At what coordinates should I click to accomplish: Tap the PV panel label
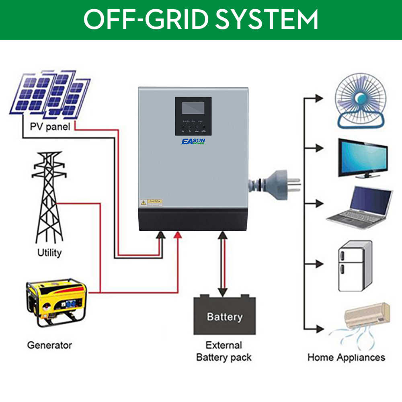pos(50,127)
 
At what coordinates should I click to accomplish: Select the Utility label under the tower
pos(49,253)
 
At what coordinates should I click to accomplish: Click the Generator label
pos(49,345)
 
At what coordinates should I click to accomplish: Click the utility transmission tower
pos(49,197)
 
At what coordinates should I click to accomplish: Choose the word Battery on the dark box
pos(225,316)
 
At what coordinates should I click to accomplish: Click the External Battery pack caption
pos(224,351)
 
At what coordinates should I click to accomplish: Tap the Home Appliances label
pos(346,357)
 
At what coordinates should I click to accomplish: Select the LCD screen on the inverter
pos(193,108)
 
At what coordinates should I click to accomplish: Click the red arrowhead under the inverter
pos(178,235)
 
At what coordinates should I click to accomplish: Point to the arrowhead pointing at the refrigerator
pos(319,264)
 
